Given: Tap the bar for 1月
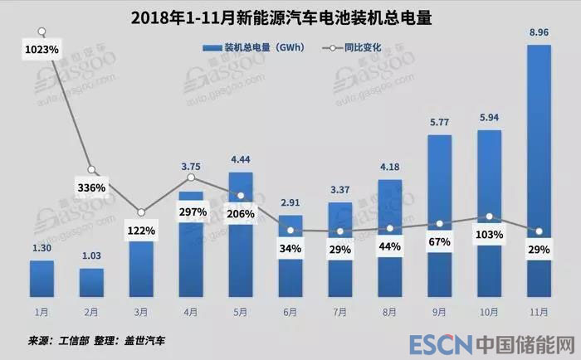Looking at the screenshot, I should tap(41, 279).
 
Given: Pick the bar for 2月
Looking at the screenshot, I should tap(91, 282).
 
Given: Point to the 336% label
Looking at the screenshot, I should tap(91, 187).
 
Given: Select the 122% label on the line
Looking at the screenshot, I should tap(141, 230).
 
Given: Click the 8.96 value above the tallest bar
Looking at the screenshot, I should tap(539, 34).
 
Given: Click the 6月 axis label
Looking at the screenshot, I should tap(290, 313).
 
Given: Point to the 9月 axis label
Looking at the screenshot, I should tap(439, 313).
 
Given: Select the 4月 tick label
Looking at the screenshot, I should tap(191, 313).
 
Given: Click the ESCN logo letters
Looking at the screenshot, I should tap(439, 343).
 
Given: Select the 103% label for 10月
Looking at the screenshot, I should tap(489, 235).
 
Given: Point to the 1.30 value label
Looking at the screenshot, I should tap(41, 248).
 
